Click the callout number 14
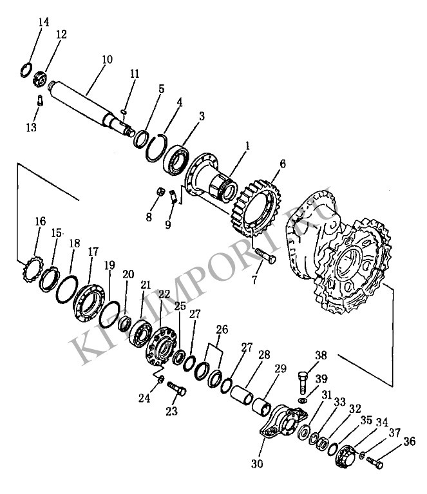click(44, 22)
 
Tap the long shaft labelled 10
click(91, 108)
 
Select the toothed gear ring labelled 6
click(256, 209)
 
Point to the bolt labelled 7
click(265, 256)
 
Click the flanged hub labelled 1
click(211, 177)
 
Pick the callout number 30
click(257, 464)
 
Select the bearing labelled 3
click(176, 160)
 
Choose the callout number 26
click(222, 330)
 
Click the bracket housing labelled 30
click(283, 422)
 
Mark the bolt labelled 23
click(176, 388)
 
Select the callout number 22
click(164, 294)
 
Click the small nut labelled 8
click(161, 192)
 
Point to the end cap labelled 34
click(345, 454)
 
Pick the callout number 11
click(135, 74)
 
